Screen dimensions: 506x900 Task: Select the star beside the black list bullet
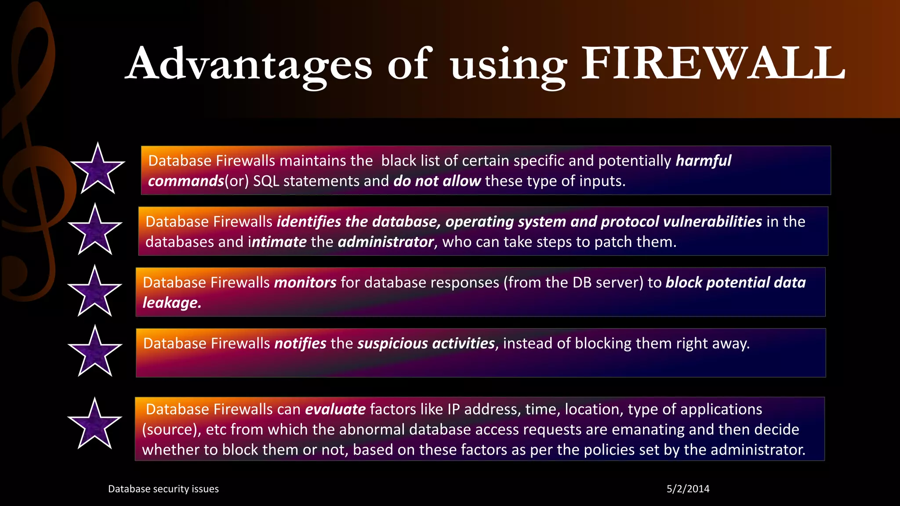point(98,169)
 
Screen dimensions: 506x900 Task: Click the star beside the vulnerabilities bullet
point(95,230)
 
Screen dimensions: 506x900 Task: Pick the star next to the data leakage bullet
point(94,292)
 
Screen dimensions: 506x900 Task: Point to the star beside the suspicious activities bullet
point(95,352)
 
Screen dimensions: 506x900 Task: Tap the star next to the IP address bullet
point(94,424)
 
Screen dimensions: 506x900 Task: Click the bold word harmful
point(703,161)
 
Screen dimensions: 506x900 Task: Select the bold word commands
point(186,181)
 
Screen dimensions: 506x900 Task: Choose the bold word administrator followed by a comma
point(385,242)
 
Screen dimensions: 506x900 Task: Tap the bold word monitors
point(305,282)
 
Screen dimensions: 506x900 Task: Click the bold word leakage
point(171,303)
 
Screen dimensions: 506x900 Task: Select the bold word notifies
point(300,343)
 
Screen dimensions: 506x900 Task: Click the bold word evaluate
point(335,409)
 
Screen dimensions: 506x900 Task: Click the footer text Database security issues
point(163,489)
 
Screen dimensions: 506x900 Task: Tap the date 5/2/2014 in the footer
point(688,489)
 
